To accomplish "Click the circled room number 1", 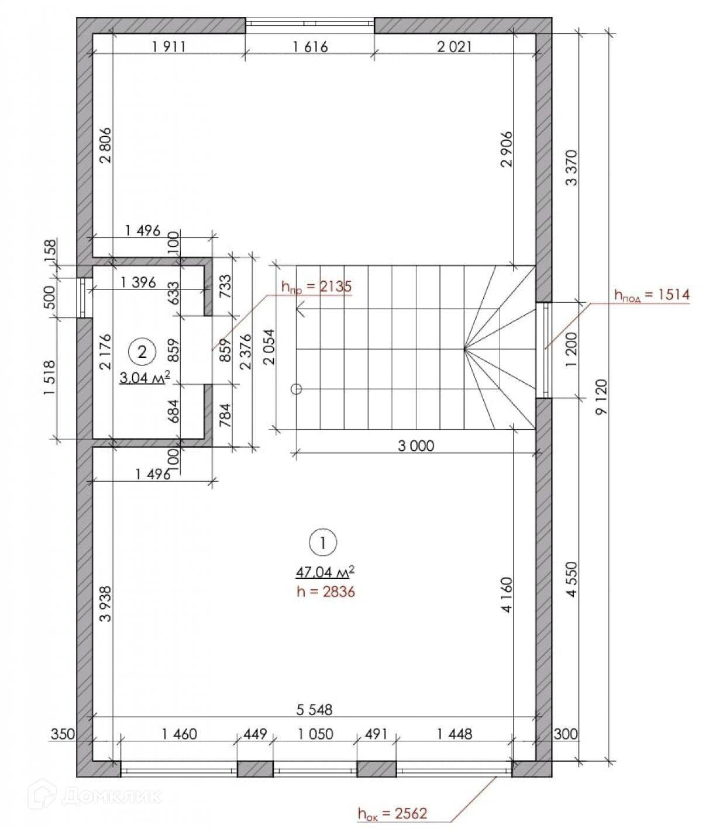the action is (x=322, y=542).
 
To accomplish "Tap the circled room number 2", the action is (x=142, y=352).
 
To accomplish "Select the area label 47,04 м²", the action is (x=325, y=572).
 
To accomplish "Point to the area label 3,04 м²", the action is (x=144, y=377).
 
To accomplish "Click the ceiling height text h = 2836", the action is (x=325, y=592).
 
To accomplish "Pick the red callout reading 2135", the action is (x=335, y=286).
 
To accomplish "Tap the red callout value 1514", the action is (x=673, y=295).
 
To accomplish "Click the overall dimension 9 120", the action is (x=601, y=396).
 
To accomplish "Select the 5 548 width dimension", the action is (x=314, y=710).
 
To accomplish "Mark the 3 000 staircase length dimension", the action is (x=416, y=445).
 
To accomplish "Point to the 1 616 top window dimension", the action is (x=310, y=47).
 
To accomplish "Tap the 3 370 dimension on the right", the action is (x=571, y=168).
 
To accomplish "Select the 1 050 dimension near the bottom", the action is (x=315, y=734).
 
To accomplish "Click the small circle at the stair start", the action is (x=296, y=389).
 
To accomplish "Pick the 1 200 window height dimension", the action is (x=571, y=350).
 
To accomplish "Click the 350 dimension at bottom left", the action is (x=63, y=734).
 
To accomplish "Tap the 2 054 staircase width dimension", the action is (x=270, y=347).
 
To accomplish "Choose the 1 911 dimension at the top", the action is (x=168, y=47).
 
